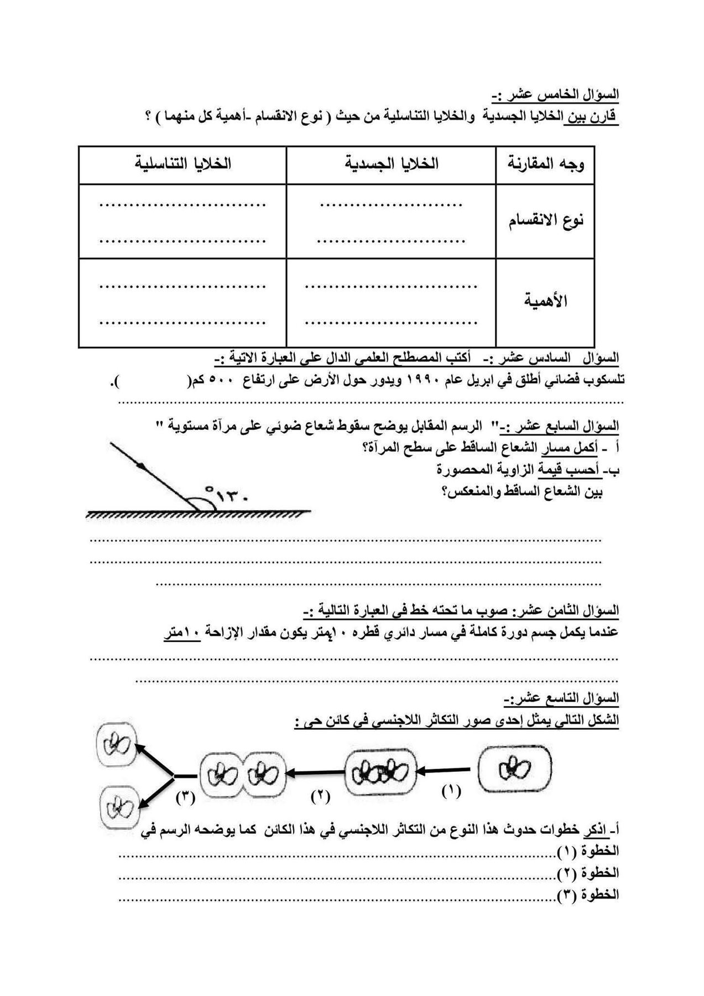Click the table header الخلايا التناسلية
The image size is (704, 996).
click(183, 164)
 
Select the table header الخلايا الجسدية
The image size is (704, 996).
click(392, 164)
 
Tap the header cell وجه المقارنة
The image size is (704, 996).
click(545, 164)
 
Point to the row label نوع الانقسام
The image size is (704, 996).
click(546, 221)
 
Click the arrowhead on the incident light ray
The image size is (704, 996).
click(145, 468)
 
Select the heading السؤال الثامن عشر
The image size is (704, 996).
click(567, 611)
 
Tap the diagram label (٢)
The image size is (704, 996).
click(320, 796)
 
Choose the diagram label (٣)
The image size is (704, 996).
click(186, 797)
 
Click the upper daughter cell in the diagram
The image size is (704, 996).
click(116, 746)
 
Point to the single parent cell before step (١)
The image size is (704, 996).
click(514, 768)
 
